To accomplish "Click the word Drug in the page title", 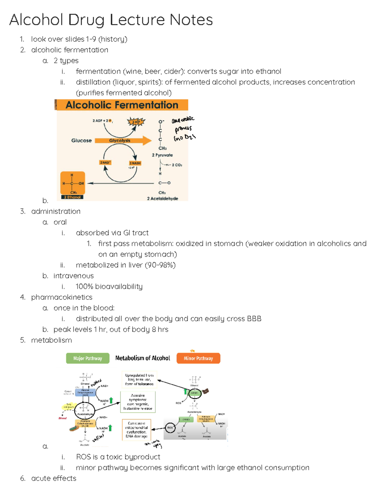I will click(x=86, y=20).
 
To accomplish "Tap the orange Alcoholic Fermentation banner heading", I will click(x=122, y=105).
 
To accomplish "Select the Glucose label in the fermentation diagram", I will click(x=81, y=140).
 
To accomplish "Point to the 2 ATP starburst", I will click(x=136, y=122).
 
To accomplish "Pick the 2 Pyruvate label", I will click(x=162, y=155).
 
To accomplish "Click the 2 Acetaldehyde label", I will click(x=162, y=198).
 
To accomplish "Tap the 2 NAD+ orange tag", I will click(x=105, y=163).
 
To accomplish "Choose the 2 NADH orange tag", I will click(x=135, y=163).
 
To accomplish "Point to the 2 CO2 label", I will click(x=177, y=165).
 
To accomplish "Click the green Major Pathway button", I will click(x=88, y=358).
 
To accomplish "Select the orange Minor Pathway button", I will click(x=198, y=358).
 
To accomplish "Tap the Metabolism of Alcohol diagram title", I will click(x=142, y=358).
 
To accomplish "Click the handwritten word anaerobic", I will click(x=183, y=120).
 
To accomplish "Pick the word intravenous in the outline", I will click(x=73, y=276).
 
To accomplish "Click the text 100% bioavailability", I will click(x=109, y=286).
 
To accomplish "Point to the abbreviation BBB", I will click(x=254, y=318).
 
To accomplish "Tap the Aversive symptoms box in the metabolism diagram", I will click(x=138, y=402).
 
